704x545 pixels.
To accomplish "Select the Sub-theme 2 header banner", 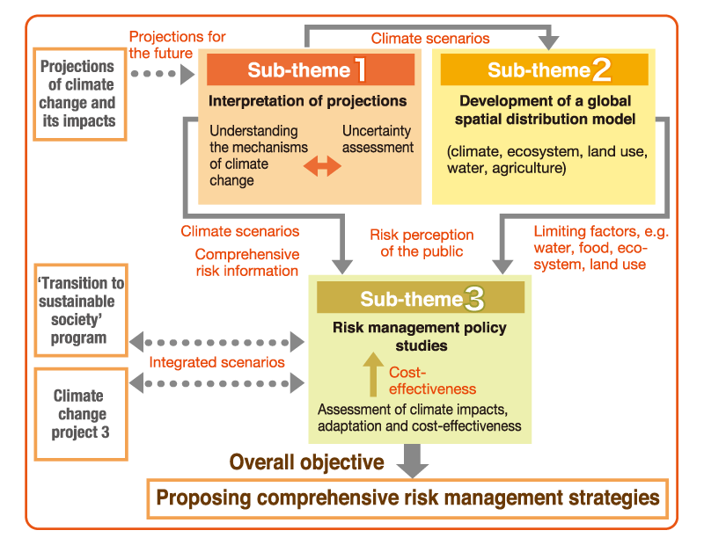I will [545, 69].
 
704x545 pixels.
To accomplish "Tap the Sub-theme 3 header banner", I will [420, 299].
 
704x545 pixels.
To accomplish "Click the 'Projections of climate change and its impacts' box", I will [78, 93].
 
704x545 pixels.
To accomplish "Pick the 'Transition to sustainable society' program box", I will [79, 311].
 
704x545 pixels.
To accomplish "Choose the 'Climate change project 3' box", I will [79, 413].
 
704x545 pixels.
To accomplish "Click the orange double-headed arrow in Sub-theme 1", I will [322, 166].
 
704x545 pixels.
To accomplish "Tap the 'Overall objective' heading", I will [306, 462].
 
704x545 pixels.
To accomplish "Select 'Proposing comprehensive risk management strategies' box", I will [407, 498].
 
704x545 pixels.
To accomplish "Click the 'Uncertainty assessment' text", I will [378, 139].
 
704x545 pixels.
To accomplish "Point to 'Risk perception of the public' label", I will [422, 243].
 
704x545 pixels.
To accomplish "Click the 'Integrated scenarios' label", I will [216, 362].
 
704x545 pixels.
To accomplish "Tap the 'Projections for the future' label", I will [177, 44].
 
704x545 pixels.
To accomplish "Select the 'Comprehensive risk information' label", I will [246, 262].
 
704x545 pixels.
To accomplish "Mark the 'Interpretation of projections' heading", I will [307, 101].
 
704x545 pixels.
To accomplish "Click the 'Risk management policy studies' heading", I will [420, 337].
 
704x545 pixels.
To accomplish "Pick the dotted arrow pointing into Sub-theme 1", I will [162, 76].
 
